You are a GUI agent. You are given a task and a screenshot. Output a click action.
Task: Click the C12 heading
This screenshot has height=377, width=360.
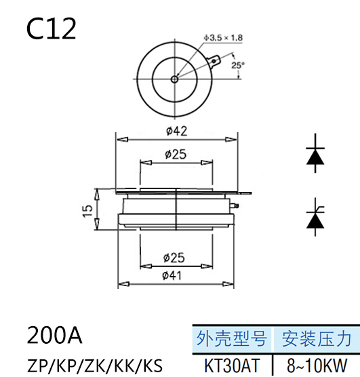point(52,29)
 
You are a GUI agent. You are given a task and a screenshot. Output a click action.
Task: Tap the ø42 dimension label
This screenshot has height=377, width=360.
point(176,131)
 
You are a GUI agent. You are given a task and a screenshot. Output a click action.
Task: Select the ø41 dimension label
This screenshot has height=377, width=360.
point(172,275)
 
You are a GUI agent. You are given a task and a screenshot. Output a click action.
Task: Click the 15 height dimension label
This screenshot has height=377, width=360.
point(87,211)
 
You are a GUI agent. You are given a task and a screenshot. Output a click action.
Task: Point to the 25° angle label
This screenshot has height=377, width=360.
point(238,65)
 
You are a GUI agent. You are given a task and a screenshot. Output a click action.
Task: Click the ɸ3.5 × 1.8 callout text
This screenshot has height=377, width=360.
point(224,38)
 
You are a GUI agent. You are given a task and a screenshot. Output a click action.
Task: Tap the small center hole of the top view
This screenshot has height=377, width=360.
point(175,79)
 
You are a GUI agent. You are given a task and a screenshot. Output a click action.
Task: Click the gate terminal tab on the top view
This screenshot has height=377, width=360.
point(214,61)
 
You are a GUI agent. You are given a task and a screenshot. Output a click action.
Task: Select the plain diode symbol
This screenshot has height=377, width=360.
point(315,153)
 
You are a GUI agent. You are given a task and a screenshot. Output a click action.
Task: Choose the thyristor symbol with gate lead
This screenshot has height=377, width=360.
point(315,217)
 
